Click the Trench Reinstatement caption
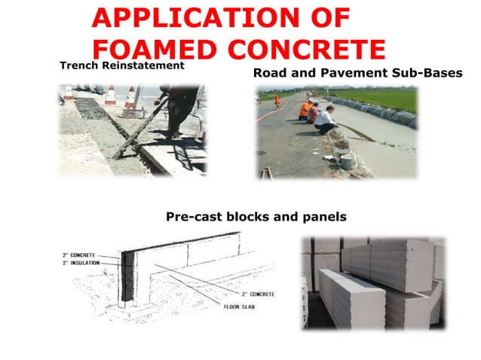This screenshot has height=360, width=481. point(122,66)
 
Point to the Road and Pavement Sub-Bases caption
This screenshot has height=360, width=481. point(357,74)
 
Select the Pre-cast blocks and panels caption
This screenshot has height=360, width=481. point(256,217)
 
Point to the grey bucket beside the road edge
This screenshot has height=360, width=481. point(348,160)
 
